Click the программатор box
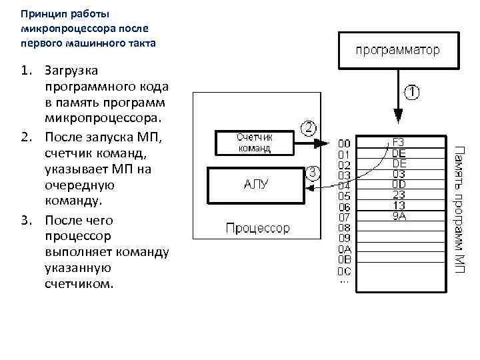[x=397, y=50]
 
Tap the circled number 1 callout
[x=413, y=91]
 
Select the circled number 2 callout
[x=309, y=127]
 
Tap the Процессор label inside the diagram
[x=257, y=228]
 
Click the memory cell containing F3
[x=399, y=142]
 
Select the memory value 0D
[x=399, y=184]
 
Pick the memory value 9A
[x=399, y=215]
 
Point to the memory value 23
[x=399, y=195]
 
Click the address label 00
[x=344, y=143]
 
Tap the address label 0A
[x=344, y=249]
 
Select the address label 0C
[x=344, y=271]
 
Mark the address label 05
[x=344, y=196]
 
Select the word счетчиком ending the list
[x=79, y=284]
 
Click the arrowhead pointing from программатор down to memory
[x=398, y=118]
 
